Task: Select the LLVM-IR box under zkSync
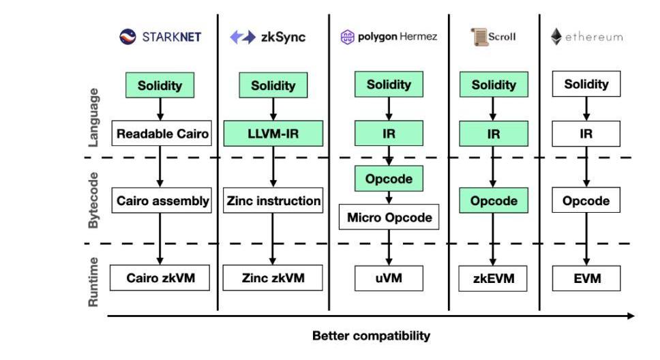tap(273, 134)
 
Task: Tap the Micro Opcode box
tap(389, 217)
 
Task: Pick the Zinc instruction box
tap(273, 201)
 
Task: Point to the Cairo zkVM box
tap(160, 278)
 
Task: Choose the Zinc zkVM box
tap(273, 278)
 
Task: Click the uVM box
tap(389, 278)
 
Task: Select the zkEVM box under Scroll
tap(493, 278)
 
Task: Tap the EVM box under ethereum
tap(586, 278)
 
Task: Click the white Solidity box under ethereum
tap(586, 85)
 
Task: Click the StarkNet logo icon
tap(127, 37)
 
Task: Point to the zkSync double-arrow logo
tap(242, 37)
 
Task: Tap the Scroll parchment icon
tap(479, 37)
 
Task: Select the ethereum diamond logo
tap(556, 37)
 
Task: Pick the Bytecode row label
tap(94, 200)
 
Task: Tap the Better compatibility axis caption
tap(371, 335)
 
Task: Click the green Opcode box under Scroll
tap(493, 201)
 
